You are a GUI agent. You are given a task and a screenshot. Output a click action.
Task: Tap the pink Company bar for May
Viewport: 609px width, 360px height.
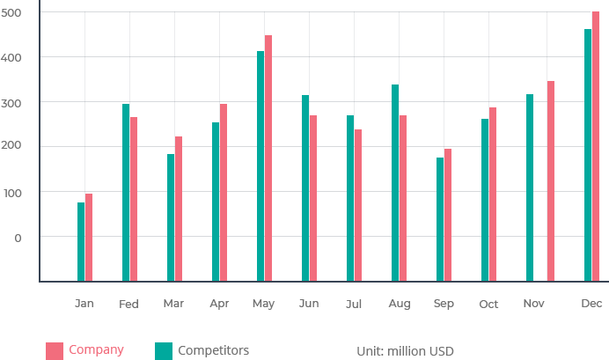tap(268, 158)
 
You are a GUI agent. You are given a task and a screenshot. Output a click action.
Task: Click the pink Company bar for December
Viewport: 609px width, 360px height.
tap(596, 145)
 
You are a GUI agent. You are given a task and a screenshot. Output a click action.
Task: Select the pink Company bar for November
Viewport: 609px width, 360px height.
tap(551, 180)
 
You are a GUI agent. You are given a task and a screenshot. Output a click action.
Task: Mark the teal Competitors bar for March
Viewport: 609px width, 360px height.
tap(170, 217)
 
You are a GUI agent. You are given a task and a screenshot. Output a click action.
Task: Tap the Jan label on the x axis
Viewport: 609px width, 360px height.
tap(84, 304)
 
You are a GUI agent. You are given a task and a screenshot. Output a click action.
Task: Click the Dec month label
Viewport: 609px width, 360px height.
tap(591, 304)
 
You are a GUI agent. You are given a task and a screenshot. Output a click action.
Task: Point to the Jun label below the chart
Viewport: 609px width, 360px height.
tap(309, 304)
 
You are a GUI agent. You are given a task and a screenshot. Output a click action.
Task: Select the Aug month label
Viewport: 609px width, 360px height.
tap(399, 304)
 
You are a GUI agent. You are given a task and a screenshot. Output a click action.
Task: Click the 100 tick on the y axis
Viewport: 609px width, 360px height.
tap(13, 192)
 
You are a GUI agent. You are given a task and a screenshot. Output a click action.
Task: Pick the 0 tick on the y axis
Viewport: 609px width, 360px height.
tap(18, 238)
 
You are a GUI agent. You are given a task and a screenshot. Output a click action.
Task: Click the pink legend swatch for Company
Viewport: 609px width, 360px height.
tap(55, 350)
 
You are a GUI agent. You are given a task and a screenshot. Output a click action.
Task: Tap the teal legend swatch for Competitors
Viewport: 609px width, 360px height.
tap(163, 350)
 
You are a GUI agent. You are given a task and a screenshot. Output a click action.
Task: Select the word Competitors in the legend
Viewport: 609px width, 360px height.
tap(214, 350)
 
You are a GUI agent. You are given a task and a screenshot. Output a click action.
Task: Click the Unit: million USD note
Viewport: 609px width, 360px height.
tap(405, 351)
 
